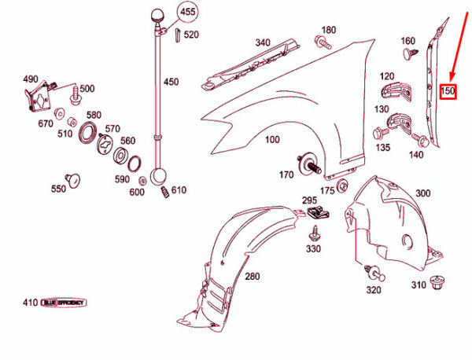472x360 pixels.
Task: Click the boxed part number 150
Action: [448, 91]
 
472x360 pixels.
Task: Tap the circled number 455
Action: [188, 13]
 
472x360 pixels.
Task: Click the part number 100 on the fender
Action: [272, 140]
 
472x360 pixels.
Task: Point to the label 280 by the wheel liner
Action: [252, 277]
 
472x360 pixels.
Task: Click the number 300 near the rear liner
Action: [422, 193]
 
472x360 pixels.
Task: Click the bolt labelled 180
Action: [322, 42]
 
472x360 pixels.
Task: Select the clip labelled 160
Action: [408, 54]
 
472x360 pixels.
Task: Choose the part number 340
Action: [262, 42]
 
